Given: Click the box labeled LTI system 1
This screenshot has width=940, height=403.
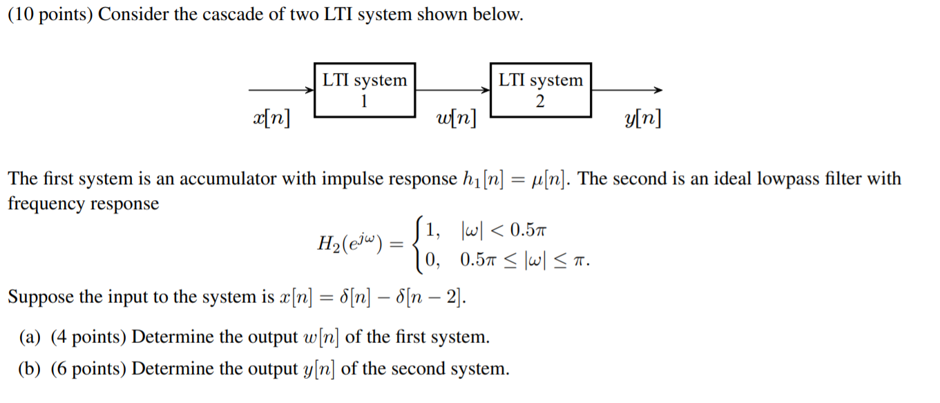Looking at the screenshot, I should (365, 90).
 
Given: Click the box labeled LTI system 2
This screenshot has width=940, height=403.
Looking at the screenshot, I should (541, 90).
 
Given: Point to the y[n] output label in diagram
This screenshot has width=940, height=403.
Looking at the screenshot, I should (642, 119).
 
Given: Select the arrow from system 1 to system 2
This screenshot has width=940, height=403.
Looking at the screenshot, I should (452, 90).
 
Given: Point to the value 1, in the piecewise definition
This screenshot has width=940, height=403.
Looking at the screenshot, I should (434, 228).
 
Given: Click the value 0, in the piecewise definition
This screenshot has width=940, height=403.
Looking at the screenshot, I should (433, 260).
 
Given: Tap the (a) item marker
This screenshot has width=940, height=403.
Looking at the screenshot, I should (30, 338).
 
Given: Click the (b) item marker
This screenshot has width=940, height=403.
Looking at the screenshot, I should (30, 369).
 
